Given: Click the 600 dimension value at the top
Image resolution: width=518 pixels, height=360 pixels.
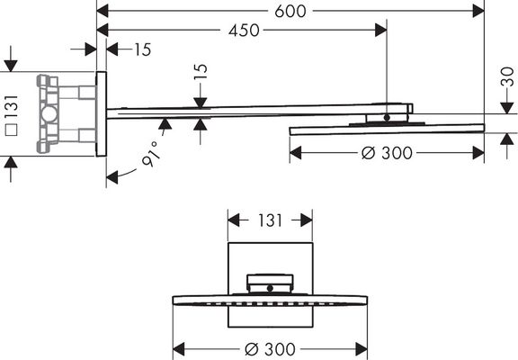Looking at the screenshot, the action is pyautogui.click(x=290, y=11).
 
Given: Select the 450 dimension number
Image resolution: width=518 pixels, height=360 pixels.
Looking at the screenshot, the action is pyautogui.click(x=244, y=31).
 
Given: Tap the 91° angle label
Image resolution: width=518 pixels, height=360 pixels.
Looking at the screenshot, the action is pyautogui.click(x=151, y=154).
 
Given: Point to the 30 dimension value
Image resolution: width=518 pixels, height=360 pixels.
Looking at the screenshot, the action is pyautogui.click(x=507, y=76).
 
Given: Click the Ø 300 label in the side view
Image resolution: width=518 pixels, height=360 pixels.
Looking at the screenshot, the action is pyautogui.click(x=387, y=153).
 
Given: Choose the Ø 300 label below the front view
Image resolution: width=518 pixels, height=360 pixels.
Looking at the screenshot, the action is pyautogui.click(x=270, y=349).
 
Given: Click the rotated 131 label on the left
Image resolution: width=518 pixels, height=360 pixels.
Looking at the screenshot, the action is pyautogui.click(x=12, y=106).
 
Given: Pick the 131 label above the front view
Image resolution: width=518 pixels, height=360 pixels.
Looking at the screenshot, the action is pyautogui.click(x=270, y=220).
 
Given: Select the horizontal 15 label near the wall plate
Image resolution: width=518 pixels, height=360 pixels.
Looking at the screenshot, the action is pyautogui.click(x=142, y=49).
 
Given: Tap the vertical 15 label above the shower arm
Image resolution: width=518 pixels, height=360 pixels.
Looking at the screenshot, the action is pyautogui.click(x=201, y=71).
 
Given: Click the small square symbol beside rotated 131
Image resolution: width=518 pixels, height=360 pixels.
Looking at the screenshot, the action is pyautogui.click(x=12, y=130).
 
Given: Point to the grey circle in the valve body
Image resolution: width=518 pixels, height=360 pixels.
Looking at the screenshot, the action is pyautogui.click(x=49, y=113).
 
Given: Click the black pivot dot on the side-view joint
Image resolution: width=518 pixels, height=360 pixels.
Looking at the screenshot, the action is pyautogui.click(x=387, y=117).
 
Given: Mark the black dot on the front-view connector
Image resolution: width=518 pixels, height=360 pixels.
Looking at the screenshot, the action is pyautogui.click(x=270, y=288).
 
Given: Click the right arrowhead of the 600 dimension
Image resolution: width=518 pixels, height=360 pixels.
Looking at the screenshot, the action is pyautogui.click(x=478, y=11).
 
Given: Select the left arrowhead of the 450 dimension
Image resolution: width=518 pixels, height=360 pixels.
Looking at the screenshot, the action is pyautogui.click(x=103, y=30).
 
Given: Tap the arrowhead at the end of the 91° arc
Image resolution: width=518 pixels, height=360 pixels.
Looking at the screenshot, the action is pyautogui.click(x=112, y=177).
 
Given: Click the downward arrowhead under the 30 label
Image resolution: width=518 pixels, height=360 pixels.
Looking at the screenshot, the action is pyautogui.click(x=507, y=108).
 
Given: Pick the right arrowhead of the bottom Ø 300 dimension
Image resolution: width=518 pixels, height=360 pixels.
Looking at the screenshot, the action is pyautogui.click(x=362, y=349).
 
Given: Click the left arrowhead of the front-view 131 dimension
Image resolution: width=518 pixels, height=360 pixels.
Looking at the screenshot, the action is pyautogui.click(x=234, y=220).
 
